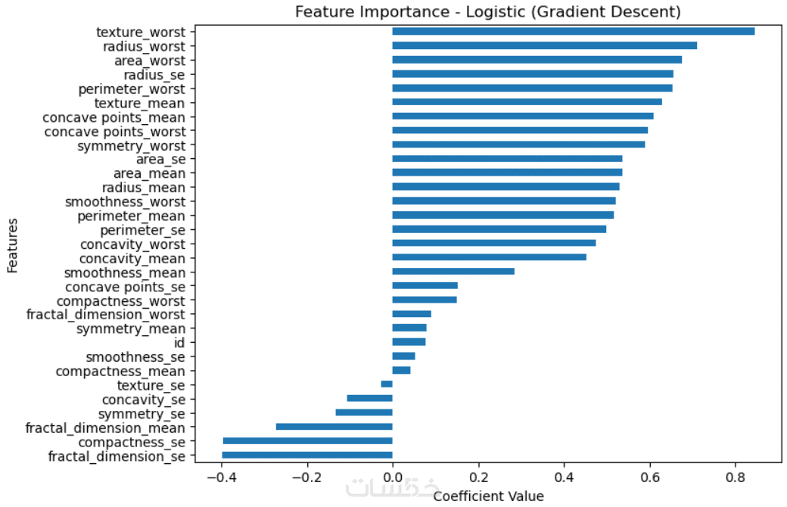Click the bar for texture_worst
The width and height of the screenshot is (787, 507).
pyautogui.click(x=573, y=31)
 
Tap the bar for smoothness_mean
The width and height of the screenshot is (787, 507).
pyautogui.click(x=453, y=272)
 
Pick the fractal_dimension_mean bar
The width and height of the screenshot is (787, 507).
pyautogui.click(x=334, y=427)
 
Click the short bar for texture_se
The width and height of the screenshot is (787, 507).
pyautogui.click(x=387, y=384)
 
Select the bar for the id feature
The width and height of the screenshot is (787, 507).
pyautogui.click(x=409, y=342)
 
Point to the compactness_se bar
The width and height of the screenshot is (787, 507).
pyautogui.click(x=308, y=441)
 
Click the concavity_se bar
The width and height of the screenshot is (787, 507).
pyautogui.click(x=369, y=398)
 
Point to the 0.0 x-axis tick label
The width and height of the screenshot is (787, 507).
pyautogui.click(x=392, y=478)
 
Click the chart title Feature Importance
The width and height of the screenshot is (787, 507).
pyautogui.click(x=487, y=12)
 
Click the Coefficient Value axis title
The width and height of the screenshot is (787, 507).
pyautogui.click(x=487, y=496)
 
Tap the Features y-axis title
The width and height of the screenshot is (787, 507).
pyautogui.click(x=12, y=244)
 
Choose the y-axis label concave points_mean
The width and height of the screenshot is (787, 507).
pyautogui.click(x=114, y=117)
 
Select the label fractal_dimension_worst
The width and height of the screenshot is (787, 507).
pyautogui.click(x=105, y=313)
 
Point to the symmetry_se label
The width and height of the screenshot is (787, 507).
pyautogui.click(x=142, y=413)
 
